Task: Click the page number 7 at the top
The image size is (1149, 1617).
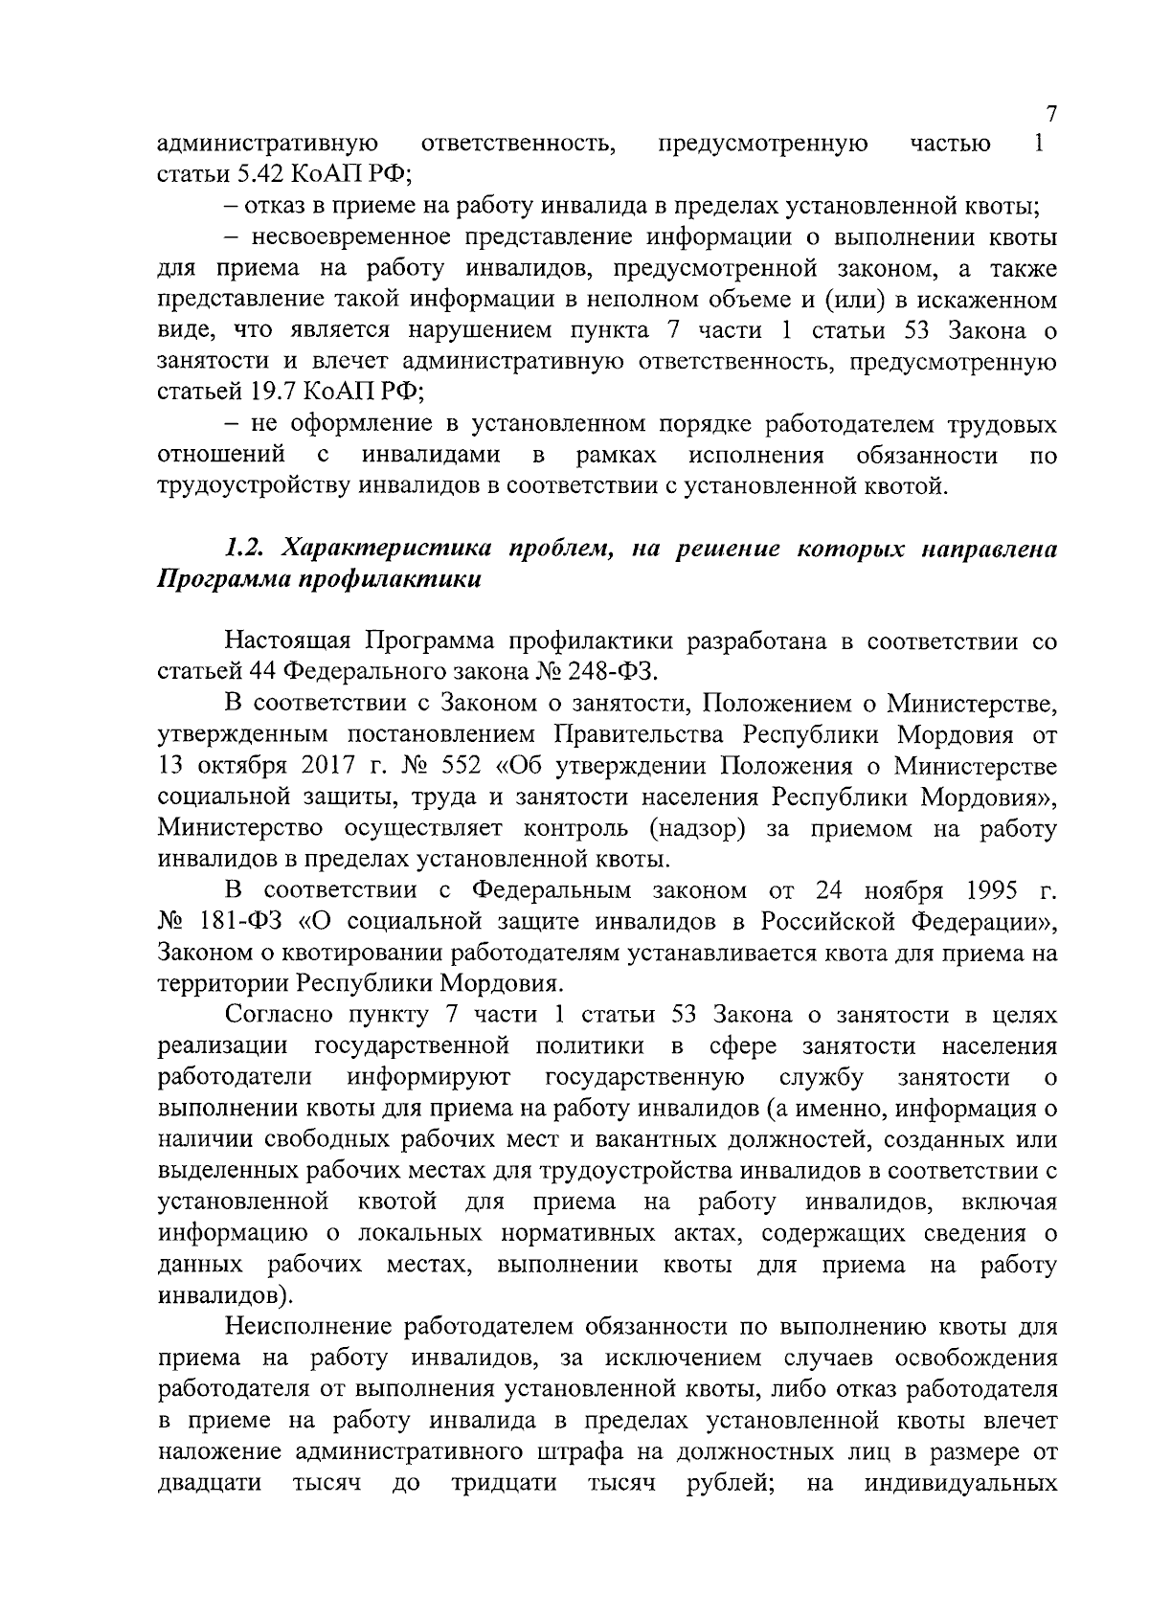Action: click(x=1050, y=114)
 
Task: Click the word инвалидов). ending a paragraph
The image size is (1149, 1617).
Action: click(x=226, y=1296)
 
